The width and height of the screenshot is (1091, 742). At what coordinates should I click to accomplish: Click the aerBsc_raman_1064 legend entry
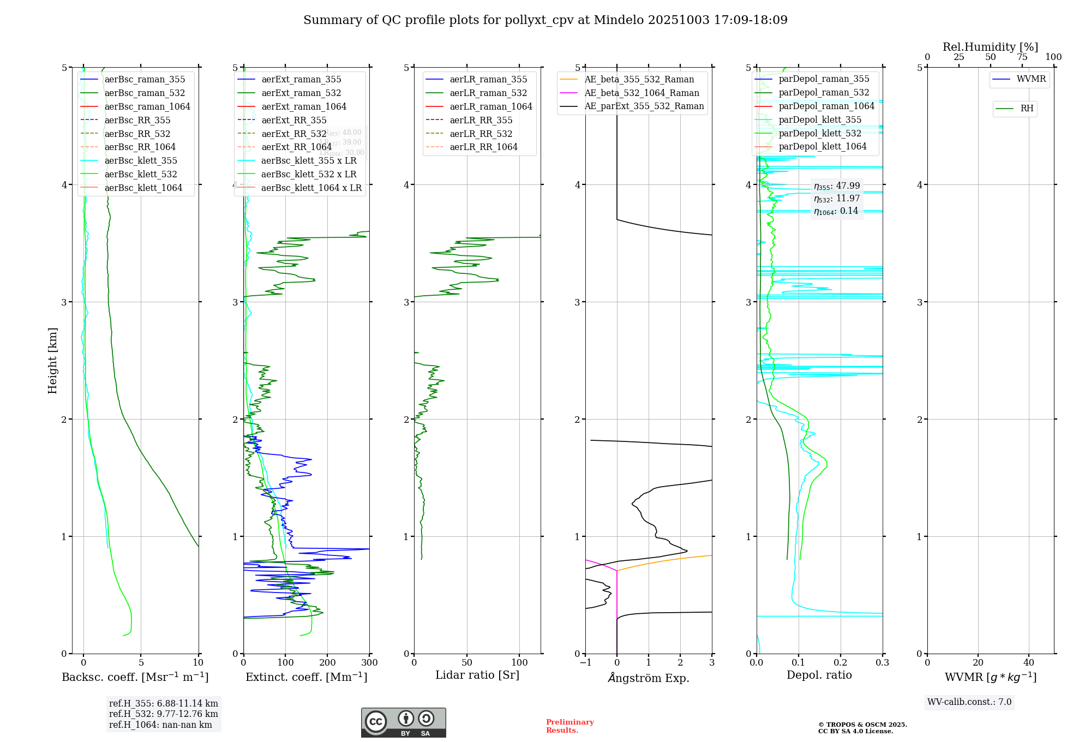point(147,106)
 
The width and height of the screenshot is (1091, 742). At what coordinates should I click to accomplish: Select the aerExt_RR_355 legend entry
point(293,120)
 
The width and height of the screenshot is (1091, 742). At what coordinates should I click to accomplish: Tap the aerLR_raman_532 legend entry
point(488,93)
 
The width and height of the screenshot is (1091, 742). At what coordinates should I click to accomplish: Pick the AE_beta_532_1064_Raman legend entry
point(642,93)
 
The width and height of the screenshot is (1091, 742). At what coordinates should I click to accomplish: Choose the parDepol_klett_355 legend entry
point(820,119)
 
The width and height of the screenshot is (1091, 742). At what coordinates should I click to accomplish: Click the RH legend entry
point(1027,109)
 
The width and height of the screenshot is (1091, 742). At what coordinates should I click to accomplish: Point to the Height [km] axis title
point(52,361)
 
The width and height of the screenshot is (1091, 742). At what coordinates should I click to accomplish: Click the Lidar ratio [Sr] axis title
point(477,675)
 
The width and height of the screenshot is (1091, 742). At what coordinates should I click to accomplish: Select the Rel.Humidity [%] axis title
point(990,47)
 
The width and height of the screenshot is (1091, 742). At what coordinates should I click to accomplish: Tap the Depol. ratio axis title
point(819,675)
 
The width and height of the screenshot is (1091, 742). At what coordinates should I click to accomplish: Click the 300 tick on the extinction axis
point(369,663)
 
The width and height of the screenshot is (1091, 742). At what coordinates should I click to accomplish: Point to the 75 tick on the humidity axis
point(1022,57)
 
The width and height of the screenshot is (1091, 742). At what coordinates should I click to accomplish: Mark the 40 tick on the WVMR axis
point(1028,663)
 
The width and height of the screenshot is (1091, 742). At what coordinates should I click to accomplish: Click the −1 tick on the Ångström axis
point(585,663)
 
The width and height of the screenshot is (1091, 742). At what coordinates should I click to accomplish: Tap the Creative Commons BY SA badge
point(403,723)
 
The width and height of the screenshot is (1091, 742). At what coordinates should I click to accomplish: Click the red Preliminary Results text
point(570,726)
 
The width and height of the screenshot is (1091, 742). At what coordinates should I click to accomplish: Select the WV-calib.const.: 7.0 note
point(969,702)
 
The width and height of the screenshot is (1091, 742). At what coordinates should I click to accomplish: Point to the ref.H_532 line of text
point(163,714)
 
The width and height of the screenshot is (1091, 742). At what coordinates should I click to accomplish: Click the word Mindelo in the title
point(619,20)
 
